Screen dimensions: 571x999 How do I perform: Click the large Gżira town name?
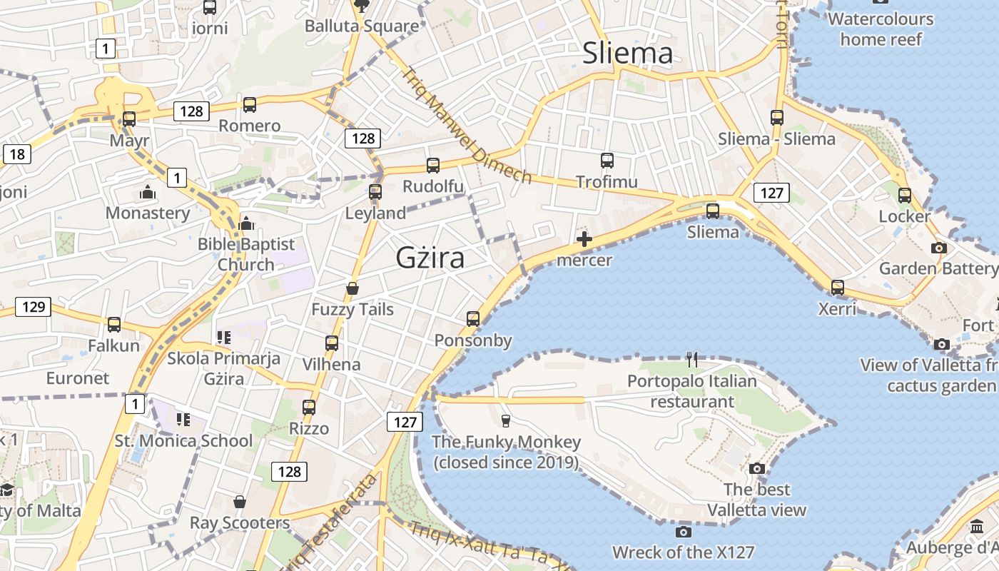point(430,258)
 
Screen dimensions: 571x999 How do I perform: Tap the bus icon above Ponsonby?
point(473,319)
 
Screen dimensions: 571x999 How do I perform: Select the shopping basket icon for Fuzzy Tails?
point(353,288)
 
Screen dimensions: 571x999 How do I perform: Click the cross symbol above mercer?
point(584,239)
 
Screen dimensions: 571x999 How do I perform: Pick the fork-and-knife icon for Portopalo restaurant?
point(692,360)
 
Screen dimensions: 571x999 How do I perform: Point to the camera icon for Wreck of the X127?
point(683,532)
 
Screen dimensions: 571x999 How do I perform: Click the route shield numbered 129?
point(34,307)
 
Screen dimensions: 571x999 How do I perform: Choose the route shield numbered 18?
point(17,153)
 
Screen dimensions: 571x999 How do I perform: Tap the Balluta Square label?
point(362,26)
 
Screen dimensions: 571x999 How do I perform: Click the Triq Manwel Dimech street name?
point(467,126)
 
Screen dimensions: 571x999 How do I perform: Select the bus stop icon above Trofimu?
point(607,161)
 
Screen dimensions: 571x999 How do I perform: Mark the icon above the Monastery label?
point(148,192)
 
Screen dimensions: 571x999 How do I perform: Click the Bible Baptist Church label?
point(245,254)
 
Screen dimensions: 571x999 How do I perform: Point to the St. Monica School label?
point(183,440)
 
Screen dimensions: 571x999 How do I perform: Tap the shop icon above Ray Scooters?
point(240,502)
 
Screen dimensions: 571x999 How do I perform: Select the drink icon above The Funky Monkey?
point(506,420)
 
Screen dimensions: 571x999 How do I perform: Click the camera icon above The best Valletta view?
point(757,468)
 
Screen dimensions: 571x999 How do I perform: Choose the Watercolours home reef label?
point(881,29)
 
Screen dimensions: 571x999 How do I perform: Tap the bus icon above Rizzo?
point(309,408)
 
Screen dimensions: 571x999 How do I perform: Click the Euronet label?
point(78,378)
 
